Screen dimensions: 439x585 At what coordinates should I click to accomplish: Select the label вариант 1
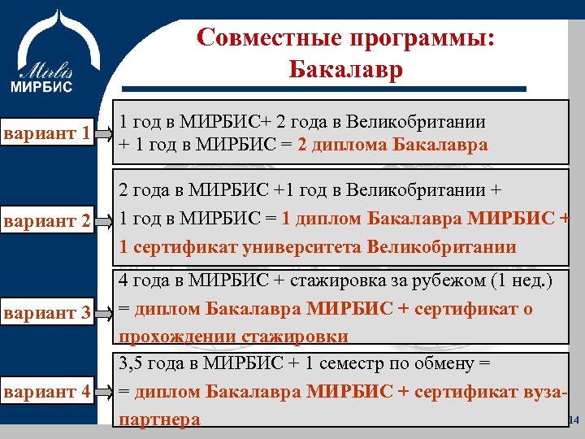[45, 132]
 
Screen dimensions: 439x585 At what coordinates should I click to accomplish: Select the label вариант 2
[45, 219]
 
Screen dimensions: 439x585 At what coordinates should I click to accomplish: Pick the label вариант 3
[45, 311]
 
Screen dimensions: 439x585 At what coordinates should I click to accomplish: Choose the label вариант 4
[45, 392]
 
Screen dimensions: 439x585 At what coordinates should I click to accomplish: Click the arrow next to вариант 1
[104, 131]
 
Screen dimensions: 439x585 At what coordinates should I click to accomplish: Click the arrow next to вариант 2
[104, 219]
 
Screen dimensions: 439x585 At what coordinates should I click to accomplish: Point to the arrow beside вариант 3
[104, 311]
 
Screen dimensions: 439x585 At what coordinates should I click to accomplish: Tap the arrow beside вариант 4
[104, 393]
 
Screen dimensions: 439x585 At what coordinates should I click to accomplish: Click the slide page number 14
[573, 420]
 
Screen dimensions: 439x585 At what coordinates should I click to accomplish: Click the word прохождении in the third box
[178, 337]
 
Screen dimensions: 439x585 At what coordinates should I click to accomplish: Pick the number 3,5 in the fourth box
[132, 363]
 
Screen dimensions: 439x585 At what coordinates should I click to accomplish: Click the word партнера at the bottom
[160, 419]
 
